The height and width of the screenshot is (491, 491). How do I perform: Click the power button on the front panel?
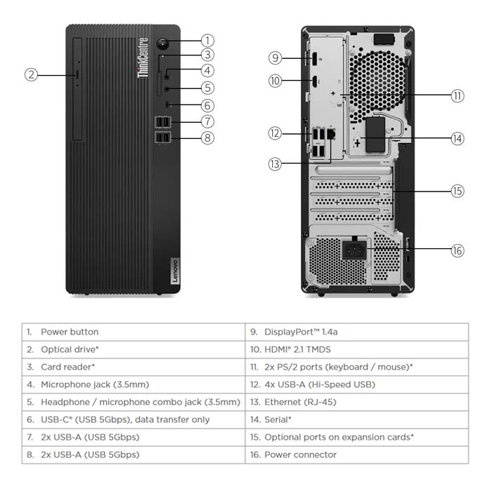click(163, 41)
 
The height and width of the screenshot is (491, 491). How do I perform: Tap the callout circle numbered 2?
click(31, 74)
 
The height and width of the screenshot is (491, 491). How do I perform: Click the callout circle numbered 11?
click(457, 95)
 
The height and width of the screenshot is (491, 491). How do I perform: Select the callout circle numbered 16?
click(457, 250)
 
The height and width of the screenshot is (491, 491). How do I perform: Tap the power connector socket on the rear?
click(354, 250)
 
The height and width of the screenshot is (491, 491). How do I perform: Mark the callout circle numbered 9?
click(276, 58)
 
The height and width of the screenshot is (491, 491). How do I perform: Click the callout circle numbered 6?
click(207, 106)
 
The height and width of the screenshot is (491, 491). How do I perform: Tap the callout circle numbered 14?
click(457, 138)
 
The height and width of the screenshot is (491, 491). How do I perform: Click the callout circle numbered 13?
click(276, 164)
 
